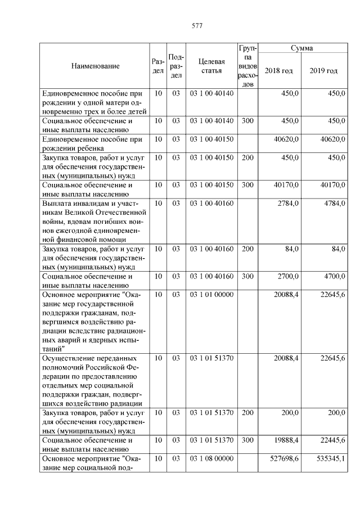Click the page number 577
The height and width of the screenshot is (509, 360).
click(197, 26)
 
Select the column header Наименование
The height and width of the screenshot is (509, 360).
click(95, 66)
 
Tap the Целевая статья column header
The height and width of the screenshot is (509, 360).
click(211, 66)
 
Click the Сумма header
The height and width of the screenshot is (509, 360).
click(301, 48)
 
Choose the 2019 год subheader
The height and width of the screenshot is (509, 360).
click(324, 71)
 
